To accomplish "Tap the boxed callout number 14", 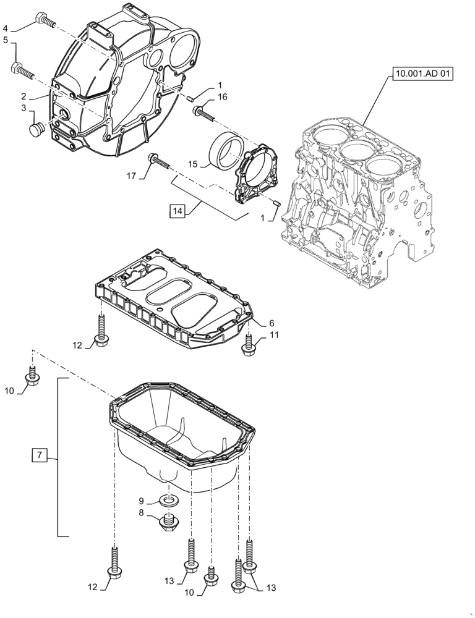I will [178, 211].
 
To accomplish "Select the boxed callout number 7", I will [38, 455].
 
